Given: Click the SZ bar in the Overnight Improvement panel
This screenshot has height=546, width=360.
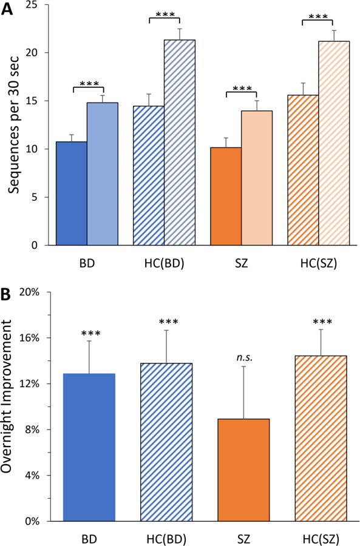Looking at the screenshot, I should pos(243,470).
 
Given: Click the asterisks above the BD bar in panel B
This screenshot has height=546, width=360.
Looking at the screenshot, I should pos(89,333).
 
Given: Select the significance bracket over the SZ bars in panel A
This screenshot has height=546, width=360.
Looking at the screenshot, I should pos(241,93).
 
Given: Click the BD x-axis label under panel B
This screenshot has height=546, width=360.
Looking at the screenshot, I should pos(89,538).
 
